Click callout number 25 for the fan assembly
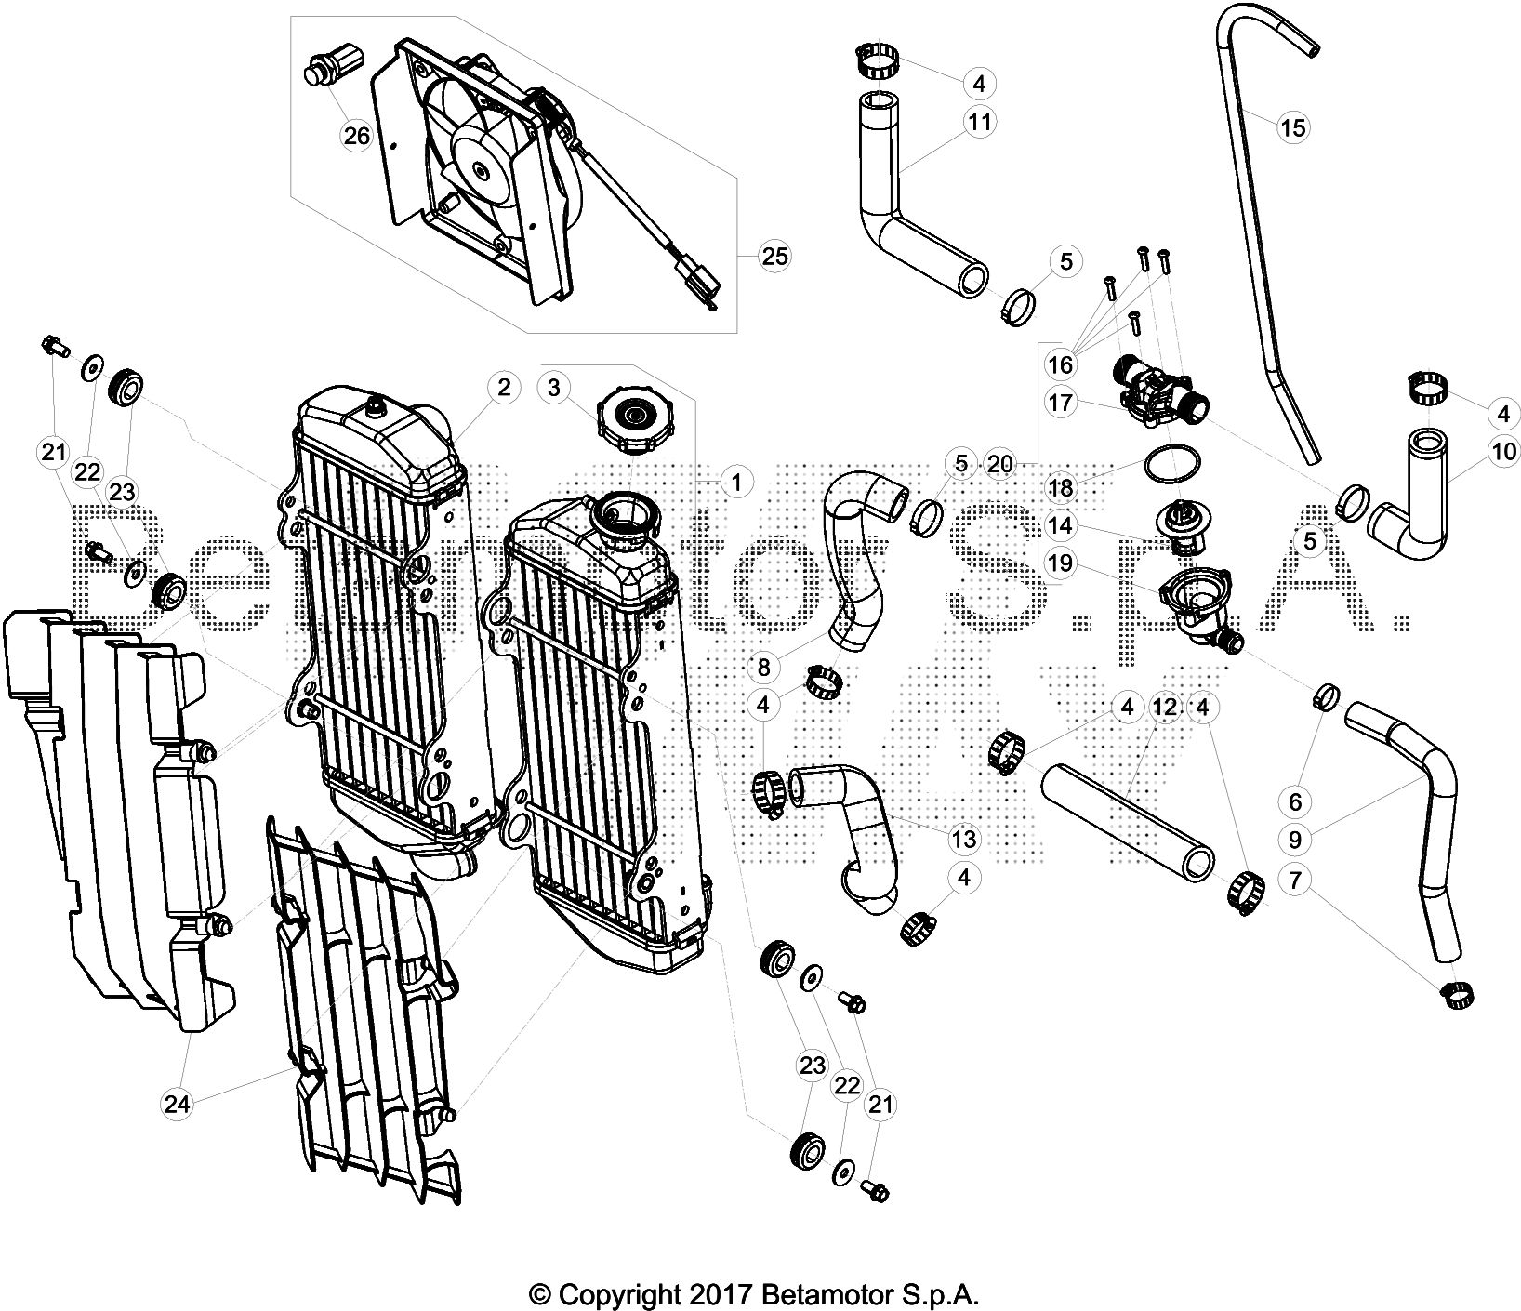(x=774, y=255)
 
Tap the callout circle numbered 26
(x=356, y=137)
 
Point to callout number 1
(x=735, y=483)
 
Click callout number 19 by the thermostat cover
(x=1060, y=562)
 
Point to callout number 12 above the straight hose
(x=1164, y=708)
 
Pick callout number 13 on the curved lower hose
(x=964, y=840)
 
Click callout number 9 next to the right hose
(x=1294, y=840)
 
